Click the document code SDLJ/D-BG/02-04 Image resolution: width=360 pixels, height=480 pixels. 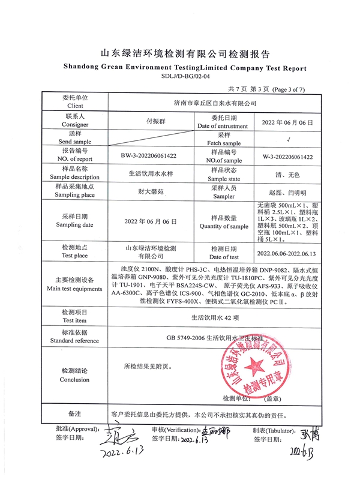click(186, 77)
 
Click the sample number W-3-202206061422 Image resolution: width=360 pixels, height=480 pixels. click(289, 157)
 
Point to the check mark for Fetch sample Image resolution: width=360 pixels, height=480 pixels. click(289, 140)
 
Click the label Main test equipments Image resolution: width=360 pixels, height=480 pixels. click(74, 289)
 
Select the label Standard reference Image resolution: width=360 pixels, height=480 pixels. click(74, 341)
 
